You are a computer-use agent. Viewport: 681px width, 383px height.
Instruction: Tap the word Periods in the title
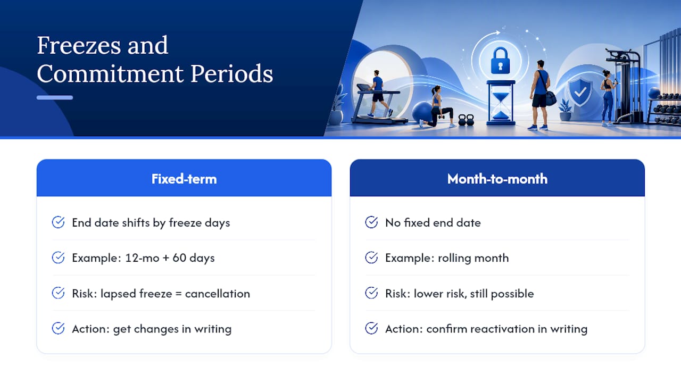tap(231, 74)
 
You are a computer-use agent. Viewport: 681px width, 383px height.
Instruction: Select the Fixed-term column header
tap(184, 179)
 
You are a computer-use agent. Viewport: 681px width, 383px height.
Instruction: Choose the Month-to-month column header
tap(497, 179)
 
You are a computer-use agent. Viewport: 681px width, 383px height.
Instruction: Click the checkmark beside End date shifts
tap(58, 222)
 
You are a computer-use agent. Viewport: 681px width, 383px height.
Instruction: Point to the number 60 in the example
tap(179, 258)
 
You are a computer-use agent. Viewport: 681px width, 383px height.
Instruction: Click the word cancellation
tap(218, 294)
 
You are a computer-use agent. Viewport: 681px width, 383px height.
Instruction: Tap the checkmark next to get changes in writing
tap(58, 328)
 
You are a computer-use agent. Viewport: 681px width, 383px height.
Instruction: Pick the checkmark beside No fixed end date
tap(371, 222)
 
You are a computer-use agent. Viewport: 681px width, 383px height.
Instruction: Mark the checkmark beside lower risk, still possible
tap(371, 293)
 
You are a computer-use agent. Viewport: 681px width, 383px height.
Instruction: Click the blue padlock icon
tap(500, 61)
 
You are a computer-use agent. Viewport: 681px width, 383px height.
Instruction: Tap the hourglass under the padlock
tap(501, 103)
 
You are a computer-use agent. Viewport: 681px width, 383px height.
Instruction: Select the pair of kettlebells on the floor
tap(466, 120)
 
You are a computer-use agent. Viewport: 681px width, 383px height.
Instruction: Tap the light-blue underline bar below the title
tap(55, 97)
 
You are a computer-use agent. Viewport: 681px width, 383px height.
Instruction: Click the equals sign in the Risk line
tap(178, 294)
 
